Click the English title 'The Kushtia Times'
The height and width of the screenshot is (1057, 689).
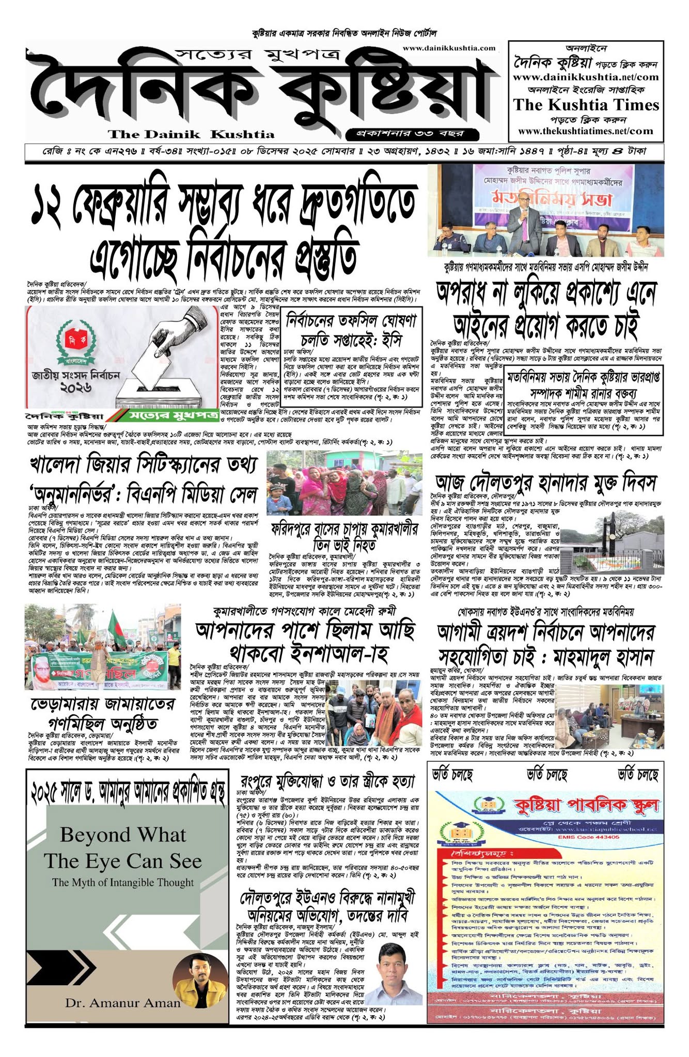pos(586,105)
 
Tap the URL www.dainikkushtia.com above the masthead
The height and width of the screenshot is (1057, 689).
pos(448,48)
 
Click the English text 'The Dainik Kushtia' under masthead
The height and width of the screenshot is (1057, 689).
pos(191,135)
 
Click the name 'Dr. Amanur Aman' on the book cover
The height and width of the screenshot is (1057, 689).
pos(123,1003)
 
